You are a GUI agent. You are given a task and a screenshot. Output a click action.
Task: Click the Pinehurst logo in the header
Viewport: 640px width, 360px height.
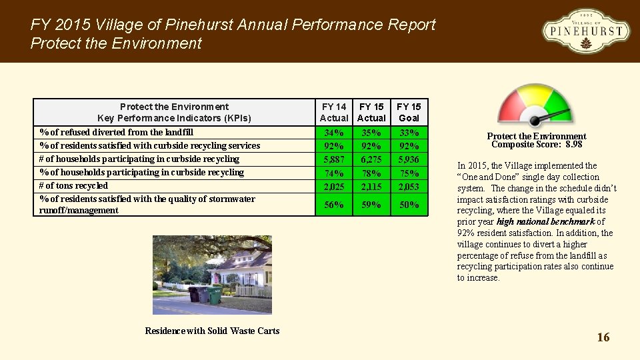pyautogui.click(x=585, y=31)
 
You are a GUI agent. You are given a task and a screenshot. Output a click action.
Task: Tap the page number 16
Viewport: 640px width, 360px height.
pyautogui.click(x=603, y=337)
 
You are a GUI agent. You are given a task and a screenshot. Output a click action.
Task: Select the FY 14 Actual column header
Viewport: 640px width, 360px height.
pyautogui.click(x=334, y=112)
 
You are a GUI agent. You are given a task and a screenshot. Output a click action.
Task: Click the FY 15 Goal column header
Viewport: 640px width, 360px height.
pyautogui.click(x=409, y=112)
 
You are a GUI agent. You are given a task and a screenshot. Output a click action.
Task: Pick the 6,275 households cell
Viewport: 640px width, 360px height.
pyautogui.click(x=371, y=159)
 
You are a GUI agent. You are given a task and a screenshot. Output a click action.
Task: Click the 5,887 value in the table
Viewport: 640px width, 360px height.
pyautogui.click(x=334, y=159)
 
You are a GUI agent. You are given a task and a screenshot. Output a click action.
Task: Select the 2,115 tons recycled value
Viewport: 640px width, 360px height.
pyautogui.click(x=371, y=187)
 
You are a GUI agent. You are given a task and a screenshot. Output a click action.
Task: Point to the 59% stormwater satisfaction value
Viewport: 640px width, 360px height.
pyautogui.click(x=371, y=205)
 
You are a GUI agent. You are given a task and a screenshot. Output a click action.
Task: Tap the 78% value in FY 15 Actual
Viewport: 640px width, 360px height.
pyautogui.click(x=371, y=173)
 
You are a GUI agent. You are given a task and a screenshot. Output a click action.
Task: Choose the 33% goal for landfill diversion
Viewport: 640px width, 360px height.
pyautogui.click(x=409, y=132)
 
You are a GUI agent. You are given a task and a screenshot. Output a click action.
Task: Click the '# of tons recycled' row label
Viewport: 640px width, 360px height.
pyautogui.click(x=73, y=185)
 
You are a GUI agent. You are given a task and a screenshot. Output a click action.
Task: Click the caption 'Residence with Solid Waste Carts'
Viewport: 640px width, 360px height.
pyautogui.click(x=212, y=331)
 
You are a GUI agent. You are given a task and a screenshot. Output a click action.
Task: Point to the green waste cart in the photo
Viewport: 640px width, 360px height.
pyautogui.click(x=215, y=295)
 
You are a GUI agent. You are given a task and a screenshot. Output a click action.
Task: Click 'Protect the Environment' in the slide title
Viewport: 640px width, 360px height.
pyautogui.click(x=116, y=44)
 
